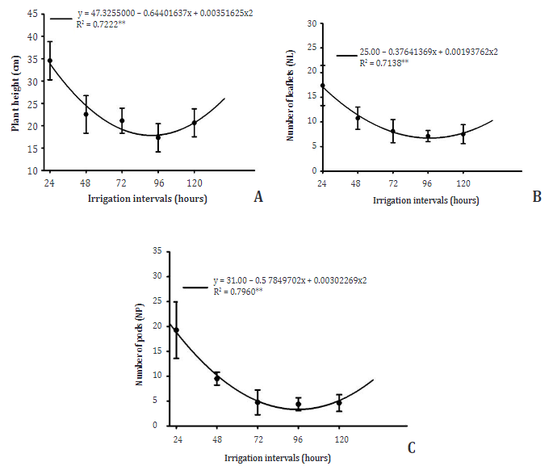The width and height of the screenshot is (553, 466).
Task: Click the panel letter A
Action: click(258, 196)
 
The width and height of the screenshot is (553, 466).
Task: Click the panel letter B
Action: click(536, 196)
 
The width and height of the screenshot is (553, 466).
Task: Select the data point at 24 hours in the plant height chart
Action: click(50, 61)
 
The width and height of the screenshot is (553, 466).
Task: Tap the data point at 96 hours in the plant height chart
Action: click(158, 137)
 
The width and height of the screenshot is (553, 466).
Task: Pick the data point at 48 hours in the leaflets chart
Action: click(358, 118)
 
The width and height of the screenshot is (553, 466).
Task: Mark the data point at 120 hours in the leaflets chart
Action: click(463, 134)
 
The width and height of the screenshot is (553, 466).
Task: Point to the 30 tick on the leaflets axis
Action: click(309, 23)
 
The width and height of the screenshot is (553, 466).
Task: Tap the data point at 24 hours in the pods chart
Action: click(176, 330)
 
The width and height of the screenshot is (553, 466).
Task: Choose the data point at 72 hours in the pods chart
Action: click(258, 402)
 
